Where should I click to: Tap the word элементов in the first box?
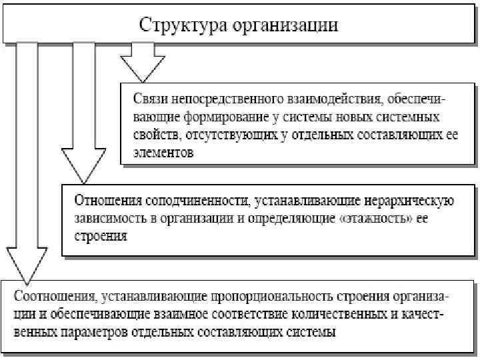(165, 153)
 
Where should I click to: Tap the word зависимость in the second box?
(111, 217)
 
